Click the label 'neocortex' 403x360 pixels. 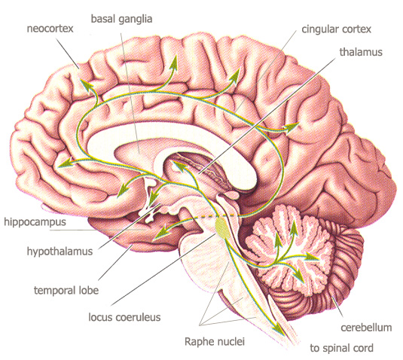(50, 29)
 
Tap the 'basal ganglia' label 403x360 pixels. (121, 20)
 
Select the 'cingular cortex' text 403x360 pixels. (337, 29)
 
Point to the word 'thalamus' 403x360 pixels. (361, 52)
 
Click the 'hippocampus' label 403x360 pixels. (35, 222)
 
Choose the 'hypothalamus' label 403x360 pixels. (60, 252)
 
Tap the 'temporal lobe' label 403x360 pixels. (66, 291)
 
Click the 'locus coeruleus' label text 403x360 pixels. (124, 317)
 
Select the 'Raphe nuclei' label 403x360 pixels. (215, 342)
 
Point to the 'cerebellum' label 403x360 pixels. (366, 328)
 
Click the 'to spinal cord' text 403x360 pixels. (341, 349)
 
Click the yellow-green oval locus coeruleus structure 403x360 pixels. (221, 225)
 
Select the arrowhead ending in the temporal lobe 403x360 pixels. (160, 233)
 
